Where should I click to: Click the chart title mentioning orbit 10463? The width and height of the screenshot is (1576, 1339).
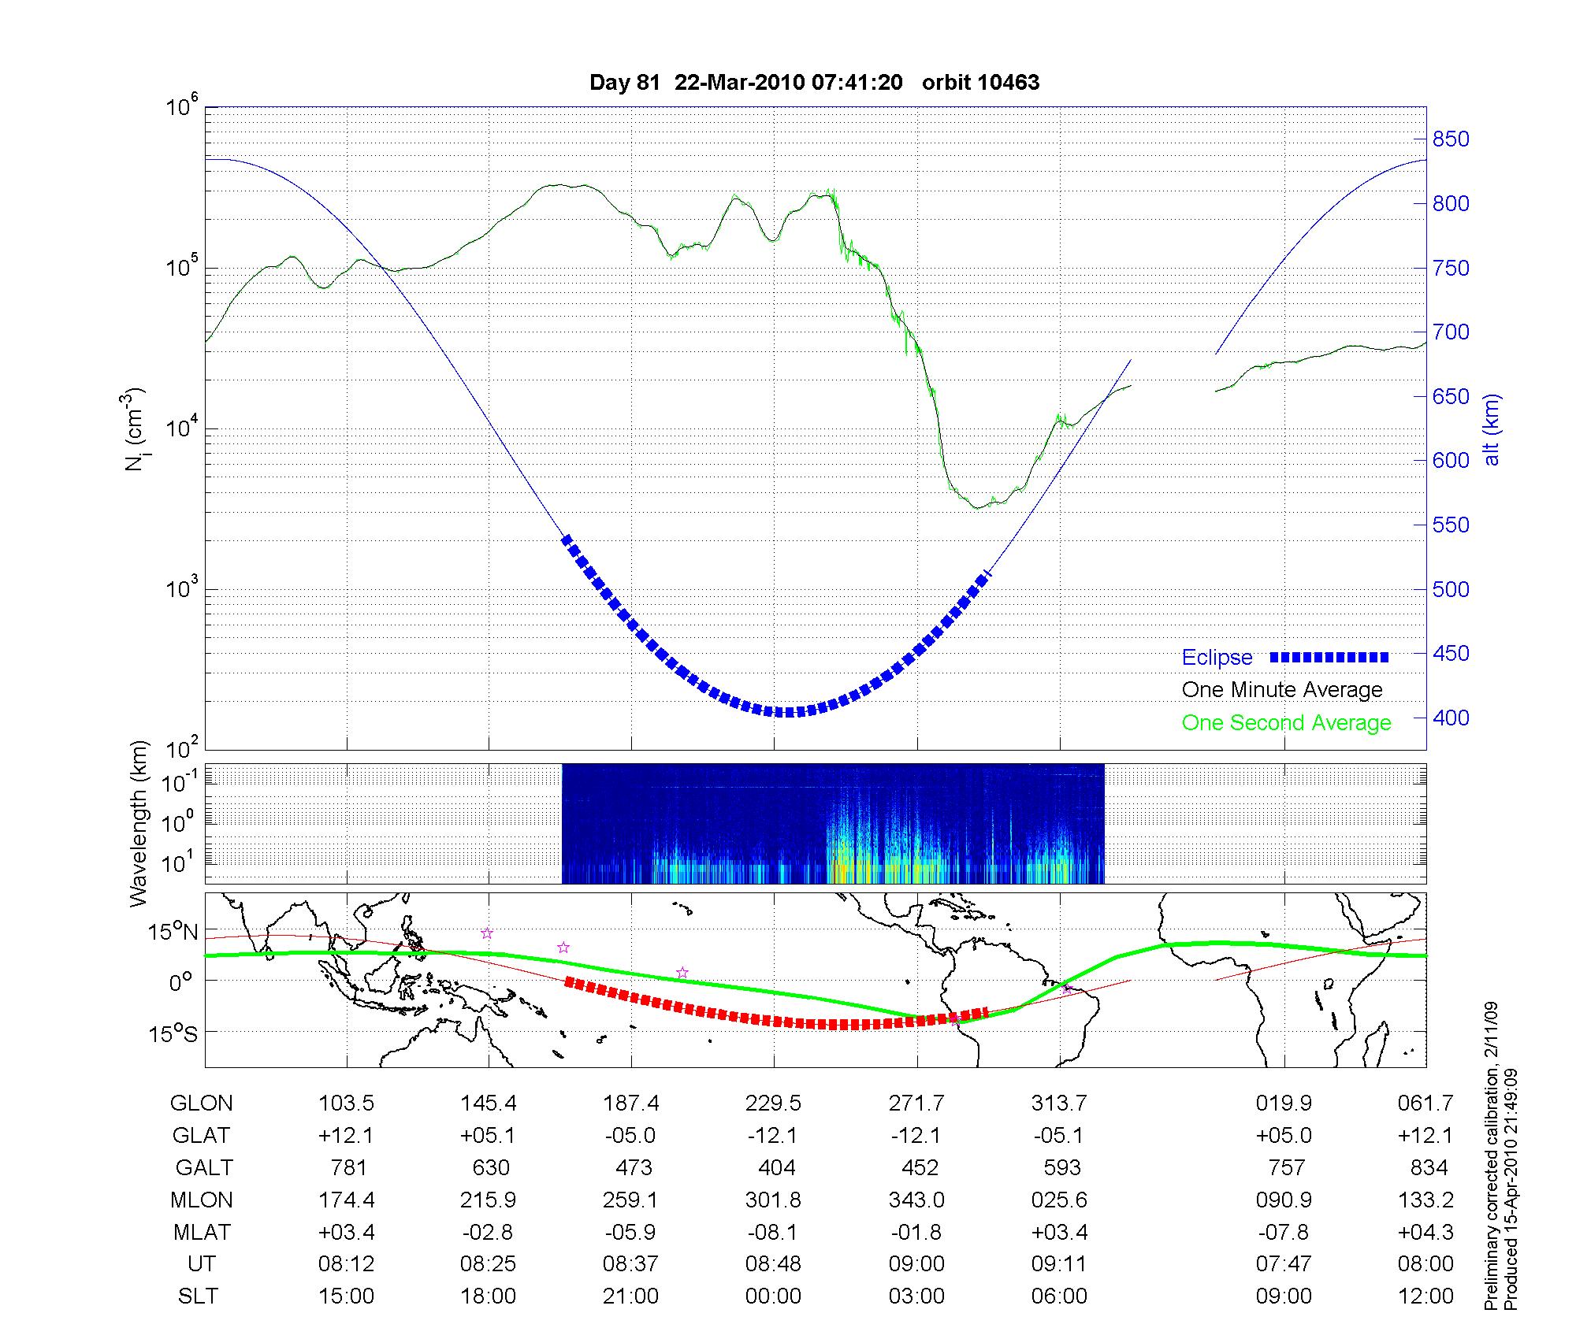814,82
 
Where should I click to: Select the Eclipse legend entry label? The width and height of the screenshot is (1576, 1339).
1217,658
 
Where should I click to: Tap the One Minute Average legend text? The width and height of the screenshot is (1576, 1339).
1282,690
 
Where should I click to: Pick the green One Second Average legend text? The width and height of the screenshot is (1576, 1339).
1286,723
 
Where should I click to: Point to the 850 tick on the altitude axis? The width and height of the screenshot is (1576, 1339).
1451,139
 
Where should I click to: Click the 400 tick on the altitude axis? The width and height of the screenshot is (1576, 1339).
1451,718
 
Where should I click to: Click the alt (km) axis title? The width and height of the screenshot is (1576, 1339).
1492,429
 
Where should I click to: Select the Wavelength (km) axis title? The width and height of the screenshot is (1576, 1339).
139,824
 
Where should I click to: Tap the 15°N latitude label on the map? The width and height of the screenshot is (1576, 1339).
173,933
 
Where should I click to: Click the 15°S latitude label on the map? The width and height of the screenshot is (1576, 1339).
173,1033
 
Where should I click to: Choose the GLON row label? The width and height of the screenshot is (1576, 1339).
201,1103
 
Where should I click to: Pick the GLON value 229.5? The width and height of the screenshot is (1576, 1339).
773,1103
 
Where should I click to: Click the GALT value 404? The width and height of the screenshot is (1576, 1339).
775,1167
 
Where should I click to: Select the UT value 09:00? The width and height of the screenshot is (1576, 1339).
916,1264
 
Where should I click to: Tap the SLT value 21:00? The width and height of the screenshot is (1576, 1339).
630,1296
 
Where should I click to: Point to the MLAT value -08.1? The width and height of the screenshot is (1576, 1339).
773,1232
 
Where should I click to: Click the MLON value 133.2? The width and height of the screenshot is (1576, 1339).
1425,1200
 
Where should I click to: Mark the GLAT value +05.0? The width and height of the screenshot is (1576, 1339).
1284,1136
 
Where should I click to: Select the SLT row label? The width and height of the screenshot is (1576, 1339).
198,1296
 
